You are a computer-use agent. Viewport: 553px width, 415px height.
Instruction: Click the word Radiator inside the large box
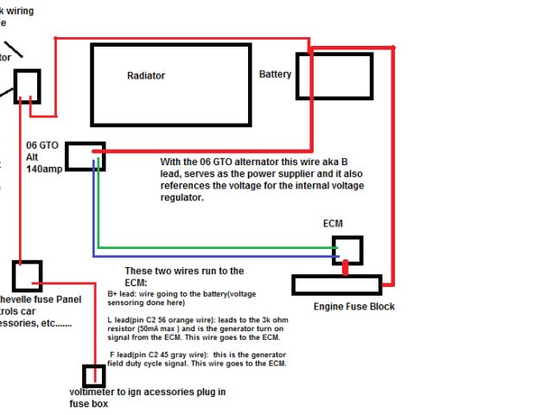click(x=145, y=76)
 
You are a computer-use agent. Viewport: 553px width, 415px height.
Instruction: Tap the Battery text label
click(x=275, y=74)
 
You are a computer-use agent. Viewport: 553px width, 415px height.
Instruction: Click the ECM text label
click(x=333, y=224)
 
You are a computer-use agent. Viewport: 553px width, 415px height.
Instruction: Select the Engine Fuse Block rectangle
click(x=336, y=285)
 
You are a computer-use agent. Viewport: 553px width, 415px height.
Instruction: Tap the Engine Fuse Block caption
click(x=355, y=306)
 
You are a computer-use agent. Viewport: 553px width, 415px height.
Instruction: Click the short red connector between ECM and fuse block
click(x=346, y=270)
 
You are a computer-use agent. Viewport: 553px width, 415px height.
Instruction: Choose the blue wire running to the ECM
click(x=216, y=256)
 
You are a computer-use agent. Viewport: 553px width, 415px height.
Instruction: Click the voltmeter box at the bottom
click(x=93, y=376)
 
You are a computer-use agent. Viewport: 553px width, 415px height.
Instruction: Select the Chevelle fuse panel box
click(x=27, y=274)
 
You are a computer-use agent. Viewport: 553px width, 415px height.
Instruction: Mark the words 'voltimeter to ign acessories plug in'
click(x=147, y=392)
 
